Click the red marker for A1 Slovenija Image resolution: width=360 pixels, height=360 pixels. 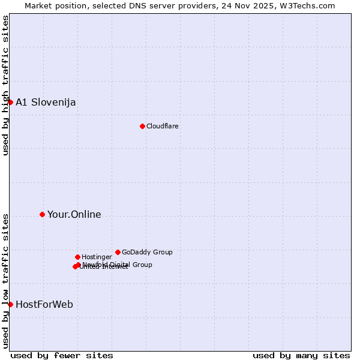point(10,102)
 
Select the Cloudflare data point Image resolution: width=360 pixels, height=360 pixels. point(142,126)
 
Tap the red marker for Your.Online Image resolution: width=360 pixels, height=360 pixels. point(42,214)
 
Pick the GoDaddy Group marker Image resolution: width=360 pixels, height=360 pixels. point(118,252)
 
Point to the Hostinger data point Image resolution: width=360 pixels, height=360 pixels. point(77,257)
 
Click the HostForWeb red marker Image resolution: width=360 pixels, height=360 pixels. point(10,304)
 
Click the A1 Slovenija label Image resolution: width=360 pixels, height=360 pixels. point(46,102)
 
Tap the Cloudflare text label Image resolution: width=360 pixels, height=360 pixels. point(163,126)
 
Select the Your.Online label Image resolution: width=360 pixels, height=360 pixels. point(74,214)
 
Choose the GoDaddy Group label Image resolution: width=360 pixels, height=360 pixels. point(147,252)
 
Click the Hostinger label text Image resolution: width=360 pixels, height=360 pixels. point(97,257)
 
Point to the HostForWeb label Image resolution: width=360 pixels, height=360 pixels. point(44,304)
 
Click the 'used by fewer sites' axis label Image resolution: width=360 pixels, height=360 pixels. point(62,355)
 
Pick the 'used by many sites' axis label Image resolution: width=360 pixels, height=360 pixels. point(301,355)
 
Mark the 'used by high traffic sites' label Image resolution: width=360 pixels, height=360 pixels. point(5,85)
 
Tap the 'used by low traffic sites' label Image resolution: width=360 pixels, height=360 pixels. point(5,281)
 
